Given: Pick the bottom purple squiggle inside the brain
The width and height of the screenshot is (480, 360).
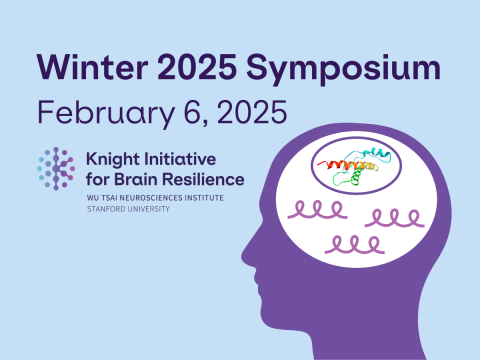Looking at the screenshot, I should (x=353, y=243).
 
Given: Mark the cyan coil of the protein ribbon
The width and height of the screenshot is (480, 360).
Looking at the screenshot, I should (x=381, y=152).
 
